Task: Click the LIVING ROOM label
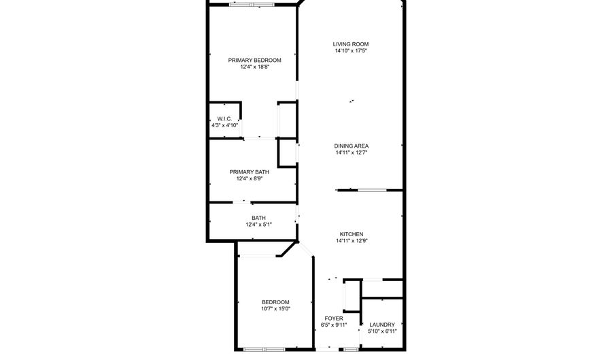tap(350, 44)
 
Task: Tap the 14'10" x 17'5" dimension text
tap(351, 51)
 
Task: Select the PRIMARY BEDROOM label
tap(254, 60)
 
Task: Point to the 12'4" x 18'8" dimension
tap(255, 67)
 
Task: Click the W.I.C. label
tap(224, 118)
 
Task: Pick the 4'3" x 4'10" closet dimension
tap(224, 125)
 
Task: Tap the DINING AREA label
tap(352, 146)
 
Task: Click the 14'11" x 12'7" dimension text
tap(352, 152)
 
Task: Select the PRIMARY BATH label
tap(249, 171)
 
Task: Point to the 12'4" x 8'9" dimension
tap(250, 178)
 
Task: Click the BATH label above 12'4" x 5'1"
tap(259, 218)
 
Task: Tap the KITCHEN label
tap(352, 234)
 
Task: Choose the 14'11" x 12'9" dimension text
tap(352, 241)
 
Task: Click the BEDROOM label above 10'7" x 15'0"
tap(275, 302)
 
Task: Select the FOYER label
tap(334, 318)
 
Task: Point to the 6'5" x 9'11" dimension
tap(334, 325)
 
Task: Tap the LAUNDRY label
tap(382, 325)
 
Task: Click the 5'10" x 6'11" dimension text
tap(382, 331)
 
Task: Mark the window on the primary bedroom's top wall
tap(252, 5)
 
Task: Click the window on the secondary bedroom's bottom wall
tap(265, 349)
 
